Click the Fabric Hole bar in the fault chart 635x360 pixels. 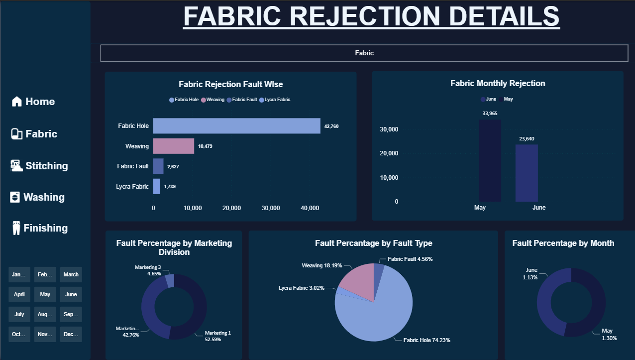[x=236, y=126]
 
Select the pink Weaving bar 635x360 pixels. [x=173, y=146]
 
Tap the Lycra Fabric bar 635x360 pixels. [x=157, y=186]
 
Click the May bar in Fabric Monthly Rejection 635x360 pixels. [x=490, y=160]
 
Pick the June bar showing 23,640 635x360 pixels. [x=527, y=173]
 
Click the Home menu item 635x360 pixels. [x=33, y=102]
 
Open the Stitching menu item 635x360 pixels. [x=39, y=166]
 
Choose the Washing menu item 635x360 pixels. [x=37, y=197]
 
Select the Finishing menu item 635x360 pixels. [x=39, y=228]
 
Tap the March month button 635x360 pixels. [x=71, y=274]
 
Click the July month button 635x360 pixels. [x=19, y=314]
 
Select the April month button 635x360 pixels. [x=19, y=294]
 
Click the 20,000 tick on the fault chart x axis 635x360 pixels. [x=231, y=208]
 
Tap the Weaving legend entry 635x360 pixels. [x=212, y=100]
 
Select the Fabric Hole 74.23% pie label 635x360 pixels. [x=426, y=340]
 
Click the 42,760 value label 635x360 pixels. [x=331, y=126]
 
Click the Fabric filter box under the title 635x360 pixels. [x=364, y=53]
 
